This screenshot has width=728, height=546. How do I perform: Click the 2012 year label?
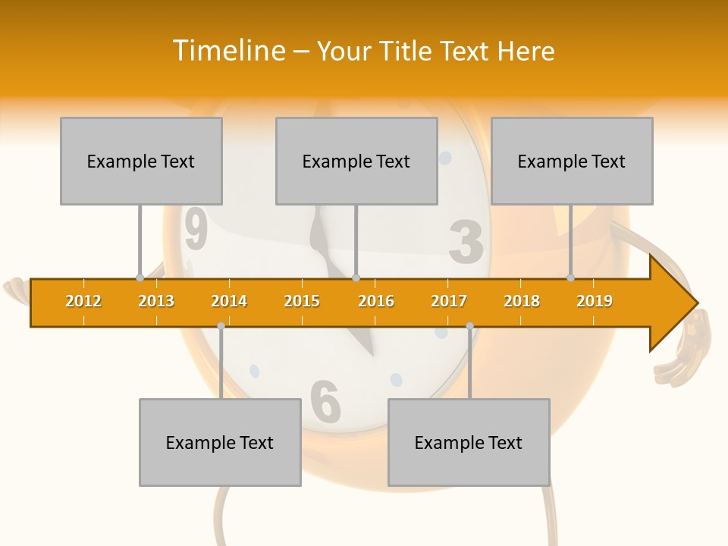point(83,301)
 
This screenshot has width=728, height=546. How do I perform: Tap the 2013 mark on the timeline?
point(156,301)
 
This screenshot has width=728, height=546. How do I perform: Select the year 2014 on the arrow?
point(229,301)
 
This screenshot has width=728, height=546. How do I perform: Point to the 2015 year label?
point(302,301)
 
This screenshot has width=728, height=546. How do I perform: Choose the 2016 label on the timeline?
point(376,301)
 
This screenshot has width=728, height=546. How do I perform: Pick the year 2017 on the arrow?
point(449,301)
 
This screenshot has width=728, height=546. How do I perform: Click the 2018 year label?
point(522,301)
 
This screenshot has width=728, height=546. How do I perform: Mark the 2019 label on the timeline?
point(595,301)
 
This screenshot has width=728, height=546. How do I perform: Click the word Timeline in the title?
point(228,51)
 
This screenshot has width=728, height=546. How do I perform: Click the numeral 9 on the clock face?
point(196,230)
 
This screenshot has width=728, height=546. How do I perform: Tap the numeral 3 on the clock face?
point(466,242)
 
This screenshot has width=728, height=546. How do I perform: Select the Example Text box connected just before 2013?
point(141,161)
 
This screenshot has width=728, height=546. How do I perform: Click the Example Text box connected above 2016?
point(356,161)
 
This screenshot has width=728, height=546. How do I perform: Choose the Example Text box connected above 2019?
point(572,161)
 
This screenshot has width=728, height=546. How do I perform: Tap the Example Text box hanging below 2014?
point(220,442)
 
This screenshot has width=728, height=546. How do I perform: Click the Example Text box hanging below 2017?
point(469,442)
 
